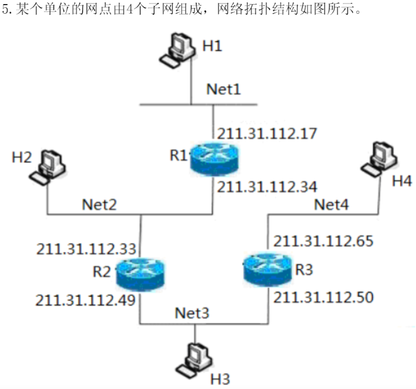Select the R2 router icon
139,273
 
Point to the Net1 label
224,90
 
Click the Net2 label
100,204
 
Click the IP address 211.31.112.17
268,134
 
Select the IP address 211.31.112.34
268,186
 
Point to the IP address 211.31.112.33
86,249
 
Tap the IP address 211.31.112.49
85,300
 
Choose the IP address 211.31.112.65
324,241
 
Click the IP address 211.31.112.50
324,297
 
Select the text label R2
101,271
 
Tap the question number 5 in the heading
6,10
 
